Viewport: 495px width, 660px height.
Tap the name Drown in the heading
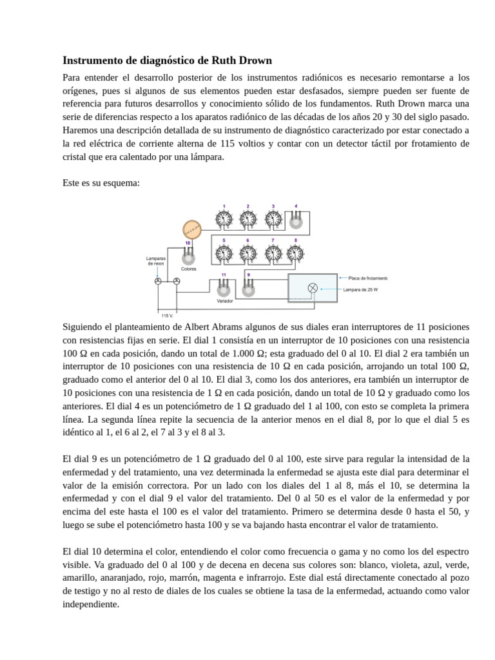(254, 61)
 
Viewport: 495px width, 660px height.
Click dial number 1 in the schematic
(224, 220)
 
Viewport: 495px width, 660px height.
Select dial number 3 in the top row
(273, 220)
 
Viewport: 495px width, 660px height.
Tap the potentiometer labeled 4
(296, 221)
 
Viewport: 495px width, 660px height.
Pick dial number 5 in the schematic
(224, 254)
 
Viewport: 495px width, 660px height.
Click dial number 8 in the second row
(296, 254)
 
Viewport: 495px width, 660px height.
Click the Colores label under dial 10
(188, 269)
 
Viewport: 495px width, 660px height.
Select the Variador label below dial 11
(224, 301)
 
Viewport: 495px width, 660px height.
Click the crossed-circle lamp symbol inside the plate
(313, 288)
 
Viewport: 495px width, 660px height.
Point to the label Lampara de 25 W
(360, 290)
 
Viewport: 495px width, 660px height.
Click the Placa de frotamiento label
(367, 278)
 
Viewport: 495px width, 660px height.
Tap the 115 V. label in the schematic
(167, 316)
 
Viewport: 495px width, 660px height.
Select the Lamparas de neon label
(156, 261)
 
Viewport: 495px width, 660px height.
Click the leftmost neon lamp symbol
(158, 281)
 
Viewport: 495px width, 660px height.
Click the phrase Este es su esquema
(101, 183)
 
